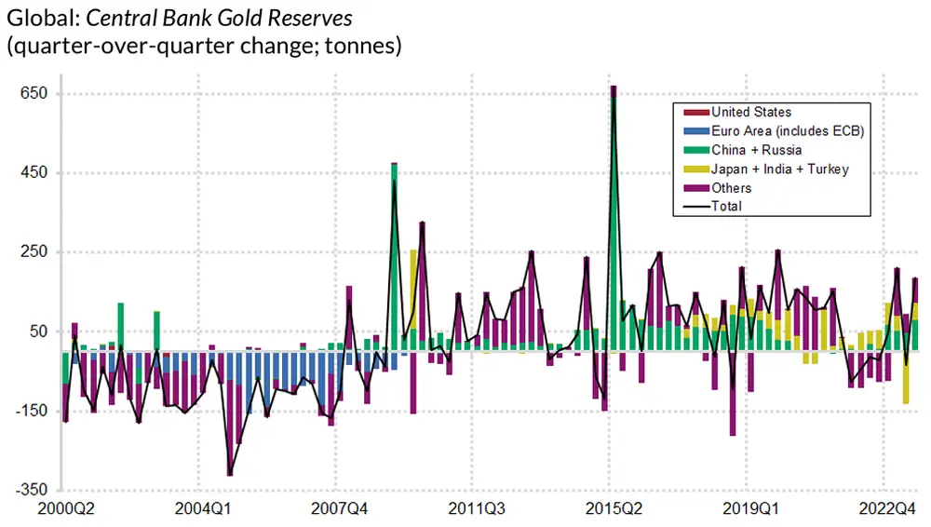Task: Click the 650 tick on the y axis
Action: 34,94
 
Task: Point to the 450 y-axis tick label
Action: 34,173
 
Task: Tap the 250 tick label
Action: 34,252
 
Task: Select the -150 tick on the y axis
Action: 33,411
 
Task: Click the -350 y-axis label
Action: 33,490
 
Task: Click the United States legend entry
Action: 751,112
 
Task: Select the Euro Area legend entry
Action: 788,131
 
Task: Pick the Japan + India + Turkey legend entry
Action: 779,169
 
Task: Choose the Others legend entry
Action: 731,188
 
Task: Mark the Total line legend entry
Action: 726,206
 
